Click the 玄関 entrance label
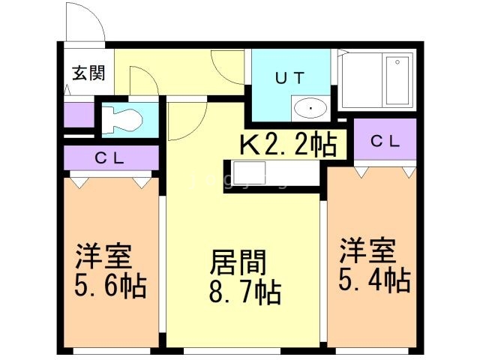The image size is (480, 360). pyautogui.click(x=88, y=73)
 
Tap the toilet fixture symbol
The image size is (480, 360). pyautogui.click(x=121, y=119)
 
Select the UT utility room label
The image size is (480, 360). pyautogui.click(x=289, y=77)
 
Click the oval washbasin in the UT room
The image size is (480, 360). pyautogui.click(x=310, y=108)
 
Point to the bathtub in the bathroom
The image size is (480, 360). pyautogui.click(x=397, y=80)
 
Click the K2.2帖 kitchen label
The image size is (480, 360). pyautogui.click(x=288, y=145)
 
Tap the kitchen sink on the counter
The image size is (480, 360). pyautogui.click(x=249, y=172)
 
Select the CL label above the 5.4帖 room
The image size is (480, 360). pyautogui.click(x=385, y=141)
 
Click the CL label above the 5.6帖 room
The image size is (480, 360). pyautogui.click(x=109, y=158)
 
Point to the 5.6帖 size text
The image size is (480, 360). pyautogui.click(x=110, y=286)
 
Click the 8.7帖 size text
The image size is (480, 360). pyautogui.click(x=245, y=292)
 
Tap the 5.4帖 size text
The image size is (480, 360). pyautogui.click(x=374, y=279)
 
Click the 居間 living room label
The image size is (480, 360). pyautogui.click(x=238, y=262)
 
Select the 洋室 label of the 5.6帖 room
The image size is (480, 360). pyautogui.click(x=103, y=256)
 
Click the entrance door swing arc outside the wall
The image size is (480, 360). pyautogui.click(x=95, y=15)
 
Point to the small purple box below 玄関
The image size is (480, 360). pyautogui.click(x=79, y=115)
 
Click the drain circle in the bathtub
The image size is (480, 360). pyautogui.click(x=397, y=62)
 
